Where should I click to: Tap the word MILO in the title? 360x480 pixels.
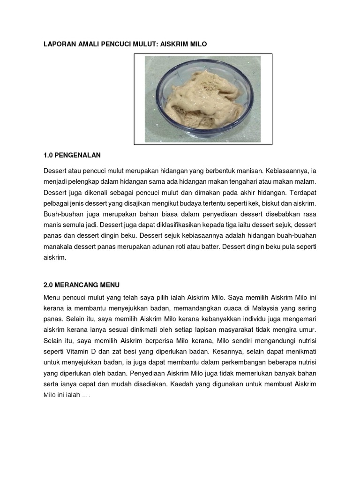click(x=197, y=44)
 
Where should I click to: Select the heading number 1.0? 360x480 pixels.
click(x=49, y=155)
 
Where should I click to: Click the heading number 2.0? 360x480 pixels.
click(x=49, y=285)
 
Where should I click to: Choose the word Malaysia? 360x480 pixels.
click(x=258, y=308)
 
